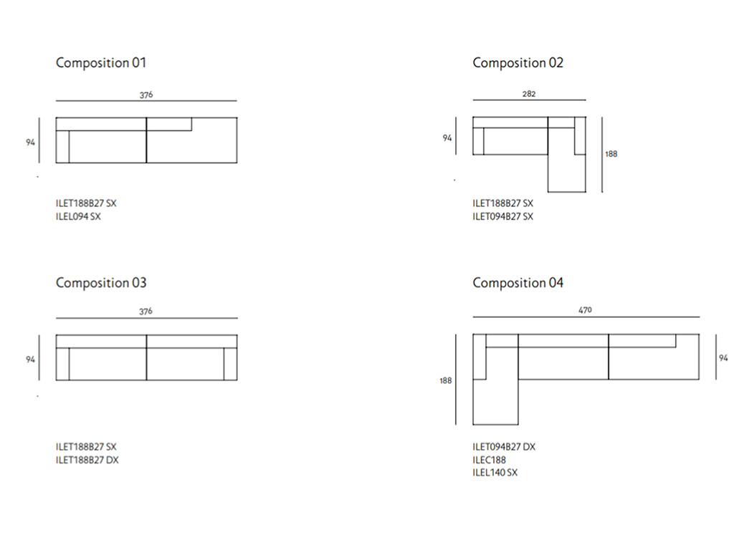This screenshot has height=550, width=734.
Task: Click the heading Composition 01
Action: click(x=100, y=63)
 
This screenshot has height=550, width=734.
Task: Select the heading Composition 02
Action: click(x=518, y=63)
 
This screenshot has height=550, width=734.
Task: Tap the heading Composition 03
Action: click(x=101, y=282)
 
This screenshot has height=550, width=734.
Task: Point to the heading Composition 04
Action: click(x=518, y=282)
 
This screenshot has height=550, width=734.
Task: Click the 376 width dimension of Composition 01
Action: click(x=146, y=95)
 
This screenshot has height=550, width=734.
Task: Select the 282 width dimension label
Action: click(x=529, y=94)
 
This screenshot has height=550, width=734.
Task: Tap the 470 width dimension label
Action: click(x=585, y=310)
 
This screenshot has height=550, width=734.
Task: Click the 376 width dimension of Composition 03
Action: click(x=146, y=311)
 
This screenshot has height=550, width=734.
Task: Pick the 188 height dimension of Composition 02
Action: click(x=611, y=154)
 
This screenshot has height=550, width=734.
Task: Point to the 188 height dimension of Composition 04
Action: click(x=446, y=381)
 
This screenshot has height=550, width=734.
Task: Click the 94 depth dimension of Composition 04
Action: click(x=723, y=358)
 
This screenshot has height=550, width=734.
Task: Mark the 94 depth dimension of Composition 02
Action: click(x=447, y=138)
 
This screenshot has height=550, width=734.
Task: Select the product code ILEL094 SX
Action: click(x=78, y=216)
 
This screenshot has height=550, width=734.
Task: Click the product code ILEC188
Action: click(x=489, y=460)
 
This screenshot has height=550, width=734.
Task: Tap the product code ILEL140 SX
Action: click(x=495, y=473)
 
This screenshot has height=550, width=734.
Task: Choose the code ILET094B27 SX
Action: click(x=502, y=216)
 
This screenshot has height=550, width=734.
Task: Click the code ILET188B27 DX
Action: click(x=87, y=460)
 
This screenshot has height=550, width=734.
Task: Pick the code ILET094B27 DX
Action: click(x=504, y=447)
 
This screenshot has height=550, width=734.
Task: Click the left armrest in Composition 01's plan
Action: click(x=62, y=147)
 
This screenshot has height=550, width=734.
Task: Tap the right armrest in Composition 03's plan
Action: click(x=230, y=365)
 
